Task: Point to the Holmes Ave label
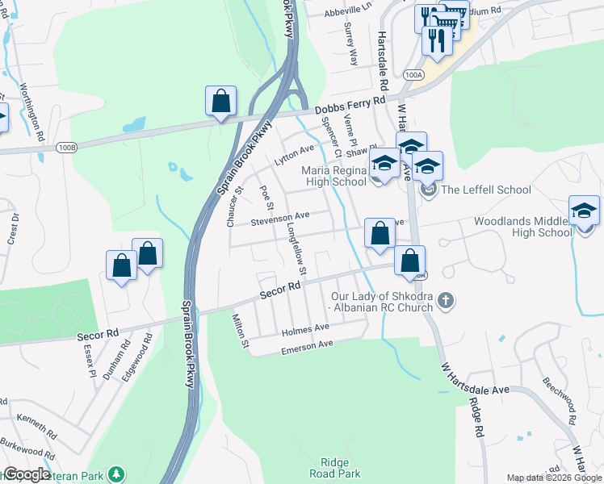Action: (x=305, y=329)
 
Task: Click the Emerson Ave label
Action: (x=307, y=346)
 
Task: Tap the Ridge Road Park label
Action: (x=334, y=468)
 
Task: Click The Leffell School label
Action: (x=485, y=190)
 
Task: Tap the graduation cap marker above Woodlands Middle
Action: (x=585, y=211)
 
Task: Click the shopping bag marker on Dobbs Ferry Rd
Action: (x=220, y=102)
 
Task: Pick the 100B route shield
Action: (x=68, y=148)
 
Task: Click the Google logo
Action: (x=27, y=474)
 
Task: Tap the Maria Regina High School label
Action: (x=333, y=176)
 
